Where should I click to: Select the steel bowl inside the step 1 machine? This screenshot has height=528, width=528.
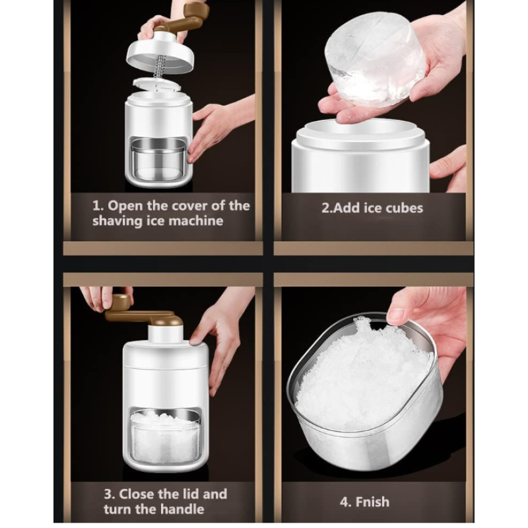coord(158,160)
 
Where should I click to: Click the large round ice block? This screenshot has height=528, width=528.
coord(373,58)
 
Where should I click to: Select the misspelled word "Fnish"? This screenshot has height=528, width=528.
coord(372,502)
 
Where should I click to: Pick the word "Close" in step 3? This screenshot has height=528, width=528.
coord(137,494)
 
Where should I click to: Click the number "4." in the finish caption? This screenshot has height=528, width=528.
coord(345,502)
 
